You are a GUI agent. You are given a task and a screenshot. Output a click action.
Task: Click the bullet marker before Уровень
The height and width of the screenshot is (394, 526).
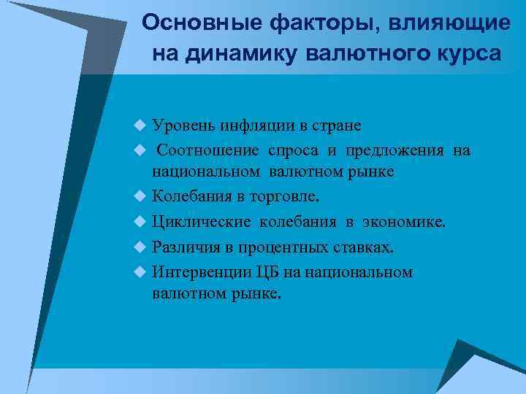click(x=140, y=125)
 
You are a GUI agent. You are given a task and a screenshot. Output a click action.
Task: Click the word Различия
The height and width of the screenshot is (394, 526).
click(x=184, y=247)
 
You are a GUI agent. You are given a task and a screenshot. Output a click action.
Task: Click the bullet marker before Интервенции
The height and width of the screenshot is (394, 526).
click(x=140, y=273)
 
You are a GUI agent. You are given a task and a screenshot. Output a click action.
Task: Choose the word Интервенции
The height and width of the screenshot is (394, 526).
click(x=202, y=272)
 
